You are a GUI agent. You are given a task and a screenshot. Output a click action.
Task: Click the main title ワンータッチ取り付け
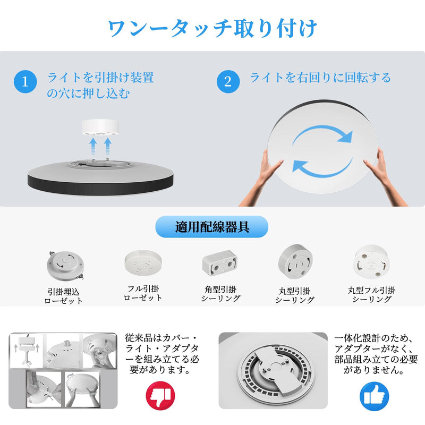(212, 28)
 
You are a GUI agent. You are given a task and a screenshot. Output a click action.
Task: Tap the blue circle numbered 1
(25, 82)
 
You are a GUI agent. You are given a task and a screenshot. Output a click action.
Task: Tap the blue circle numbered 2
(228, 82)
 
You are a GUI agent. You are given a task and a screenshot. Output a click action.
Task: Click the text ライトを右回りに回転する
(320, 78)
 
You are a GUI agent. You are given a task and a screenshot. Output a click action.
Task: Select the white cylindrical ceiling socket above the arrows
(100, 127)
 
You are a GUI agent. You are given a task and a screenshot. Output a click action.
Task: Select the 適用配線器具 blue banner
(211, 227)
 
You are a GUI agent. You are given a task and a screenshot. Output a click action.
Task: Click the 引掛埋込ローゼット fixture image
(65, 266)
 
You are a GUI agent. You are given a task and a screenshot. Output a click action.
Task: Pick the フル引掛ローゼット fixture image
(143, 262)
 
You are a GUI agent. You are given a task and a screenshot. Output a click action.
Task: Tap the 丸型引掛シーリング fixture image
(295, 261)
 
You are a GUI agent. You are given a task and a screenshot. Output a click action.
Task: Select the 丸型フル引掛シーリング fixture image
(371, 261)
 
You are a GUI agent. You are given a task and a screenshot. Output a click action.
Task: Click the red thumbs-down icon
(160, 396)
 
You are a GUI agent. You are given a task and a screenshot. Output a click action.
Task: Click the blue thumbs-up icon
(375, 396)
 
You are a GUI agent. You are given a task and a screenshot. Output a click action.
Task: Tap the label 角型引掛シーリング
(220, 294)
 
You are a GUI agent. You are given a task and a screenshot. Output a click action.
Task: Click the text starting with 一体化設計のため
(376, 354)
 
